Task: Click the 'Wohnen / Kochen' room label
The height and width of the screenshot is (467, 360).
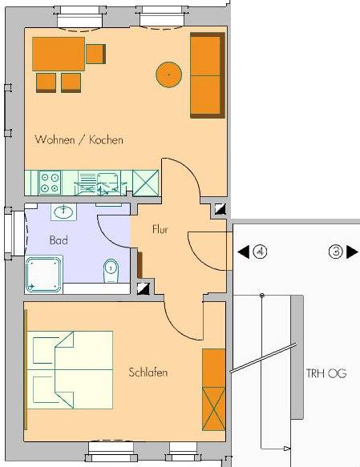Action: tap(79, 139)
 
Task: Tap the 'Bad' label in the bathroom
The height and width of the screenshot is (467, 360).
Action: tap(59, 240)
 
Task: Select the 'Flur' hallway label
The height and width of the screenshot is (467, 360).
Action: tap(160, 229)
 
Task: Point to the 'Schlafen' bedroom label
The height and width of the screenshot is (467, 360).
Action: tap(148, 372)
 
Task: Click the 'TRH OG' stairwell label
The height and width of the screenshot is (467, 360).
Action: tap(326, 373)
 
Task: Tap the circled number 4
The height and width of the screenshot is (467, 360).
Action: tap(260, 252)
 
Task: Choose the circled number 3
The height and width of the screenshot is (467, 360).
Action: tap(336, 252)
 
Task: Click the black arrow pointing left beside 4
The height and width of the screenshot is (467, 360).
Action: tap(244, 252)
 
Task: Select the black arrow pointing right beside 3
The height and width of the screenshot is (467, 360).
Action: tap(352, 252)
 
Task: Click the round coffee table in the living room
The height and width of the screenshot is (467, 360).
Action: tap(168, 74)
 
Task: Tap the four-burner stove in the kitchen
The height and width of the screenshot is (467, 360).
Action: tap(50, 183)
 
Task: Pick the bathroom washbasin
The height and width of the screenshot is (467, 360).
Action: tap(63, 212)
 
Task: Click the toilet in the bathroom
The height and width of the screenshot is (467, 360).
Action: tap(111, 271)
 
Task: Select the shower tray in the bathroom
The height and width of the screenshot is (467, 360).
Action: tap(44, 274)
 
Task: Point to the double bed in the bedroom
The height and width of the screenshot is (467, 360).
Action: tap(71, 370)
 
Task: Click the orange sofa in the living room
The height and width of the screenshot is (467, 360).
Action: tap(208, 75)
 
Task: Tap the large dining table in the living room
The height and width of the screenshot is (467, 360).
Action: tap(59, 54)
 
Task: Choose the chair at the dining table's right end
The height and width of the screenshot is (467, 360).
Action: tap(95, 54)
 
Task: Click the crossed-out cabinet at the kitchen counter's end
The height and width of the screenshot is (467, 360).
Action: tap(145, 183)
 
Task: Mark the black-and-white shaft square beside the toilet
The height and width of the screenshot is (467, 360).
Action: tap(143, 288)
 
